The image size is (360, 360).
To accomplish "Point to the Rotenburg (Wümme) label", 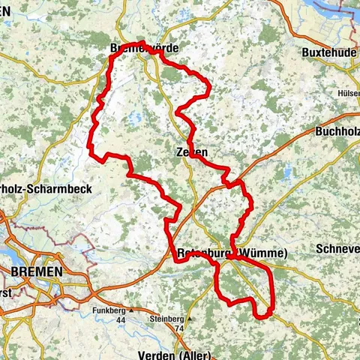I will (233, 253).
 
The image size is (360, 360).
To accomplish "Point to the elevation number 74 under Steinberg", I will (178, 328).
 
